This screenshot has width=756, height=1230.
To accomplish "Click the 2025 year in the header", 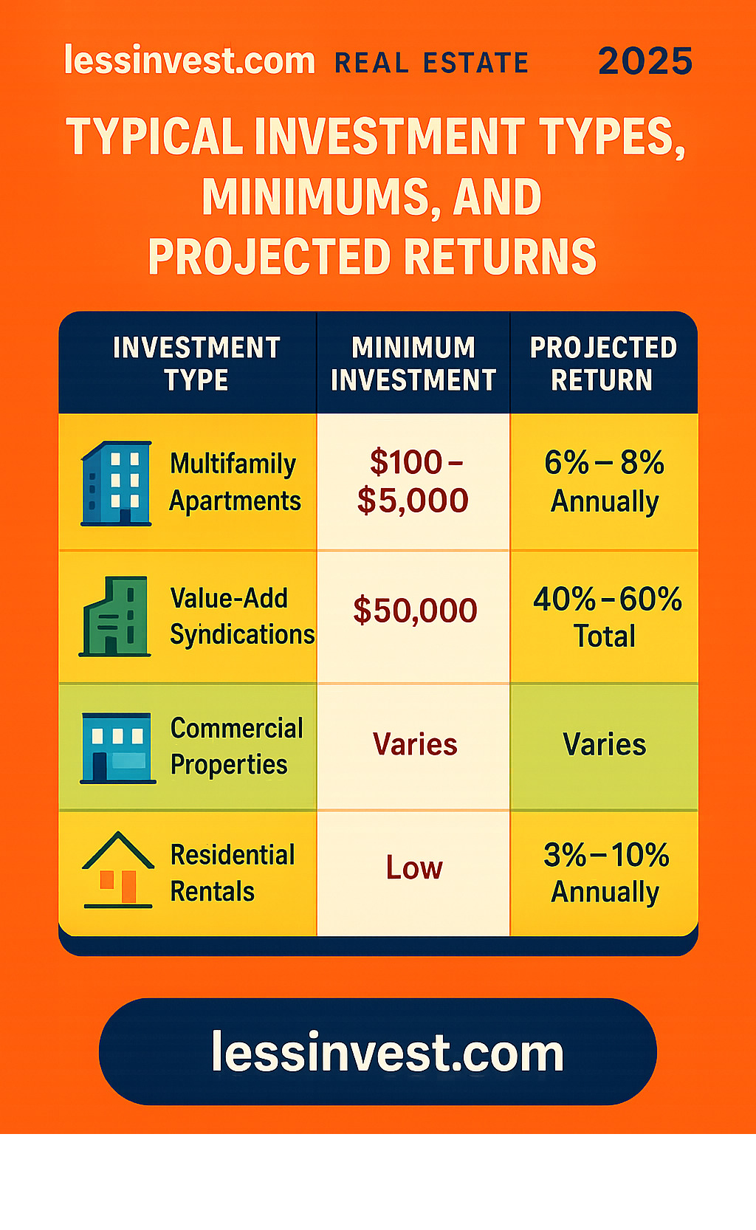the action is (x=645, y=61).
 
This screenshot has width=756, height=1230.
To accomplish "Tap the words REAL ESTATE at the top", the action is (x=432, y=63).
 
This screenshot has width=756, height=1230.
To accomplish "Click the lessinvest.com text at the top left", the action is (x=190, y=60).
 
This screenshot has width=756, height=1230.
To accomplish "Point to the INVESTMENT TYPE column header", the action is (x=196, y=363).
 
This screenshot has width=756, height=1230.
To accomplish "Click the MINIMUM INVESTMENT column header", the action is (x=413, y=363).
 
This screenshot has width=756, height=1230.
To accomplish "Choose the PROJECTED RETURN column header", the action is (x=603, y=363).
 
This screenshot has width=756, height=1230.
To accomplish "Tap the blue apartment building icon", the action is (x=116, y=483).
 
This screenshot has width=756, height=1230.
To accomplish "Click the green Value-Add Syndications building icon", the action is (x=114, y=616).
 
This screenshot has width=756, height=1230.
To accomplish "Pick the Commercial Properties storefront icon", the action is (x=117, y=748).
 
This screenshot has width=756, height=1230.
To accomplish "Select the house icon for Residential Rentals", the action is (x=117, y=870).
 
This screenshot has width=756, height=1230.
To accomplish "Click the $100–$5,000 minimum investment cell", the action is (x=413, y=481).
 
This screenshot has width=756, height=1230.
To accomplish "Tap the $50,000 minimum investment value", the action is (x=415, y=611).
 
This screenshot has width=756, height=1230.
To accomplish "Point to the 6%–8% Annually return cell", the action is (x=605, y=481).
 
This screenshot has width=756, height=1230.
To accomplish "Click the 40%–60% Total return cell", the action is (x=607, y=616).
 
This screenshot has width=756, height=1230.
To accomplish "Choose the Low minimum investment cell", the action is (x=414, y=867).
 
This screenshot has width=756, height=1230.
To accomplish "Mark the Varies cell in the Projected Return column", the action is (x=605, y=745).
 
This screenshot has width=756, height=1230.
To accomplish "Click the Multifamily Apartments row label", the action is (x=235, y=482).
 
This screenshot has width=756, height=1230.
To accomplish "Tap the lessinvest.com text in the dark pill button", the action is (x=388, y=1052).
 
